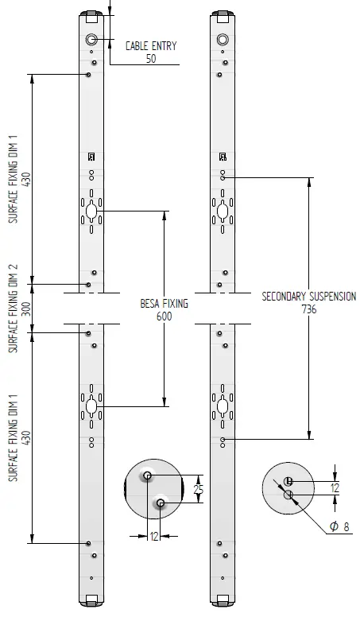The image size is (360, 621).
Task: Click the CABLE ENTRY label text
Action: point(151,46)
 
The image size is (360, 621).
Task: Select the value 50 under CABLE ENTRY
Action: point(151,58)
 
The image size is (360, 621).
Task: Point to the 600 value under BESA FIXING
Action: point(164,316)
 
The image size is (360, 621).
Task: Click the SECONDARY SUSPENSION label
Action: point(309,297)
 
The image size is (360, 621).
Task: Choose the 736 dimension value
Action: point(309,309)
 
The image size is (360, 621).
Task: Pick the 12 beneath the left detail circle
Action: point(153,538)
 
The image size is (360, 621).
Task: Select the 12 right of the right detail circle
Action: point(335,487)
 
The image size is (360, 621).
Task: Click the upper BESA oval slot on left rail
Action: point(92,212)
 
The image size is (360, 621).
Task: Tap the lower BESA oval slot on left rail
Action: point(92,406)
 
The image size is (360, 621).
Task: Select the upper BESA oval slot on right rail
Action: point(223,212)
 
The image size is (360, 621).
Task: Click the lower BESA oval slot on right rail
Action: point(223,406)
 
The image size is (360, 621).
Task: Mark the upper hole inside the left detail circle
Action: point(148,475)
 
